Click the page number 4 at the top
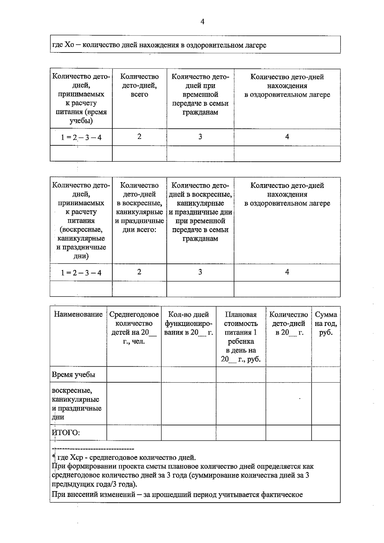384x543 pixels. pos(202,22)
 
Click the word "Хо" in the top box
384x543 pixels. pos(69,45)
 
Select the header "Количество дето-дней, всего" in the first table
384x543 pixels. pos(140,85)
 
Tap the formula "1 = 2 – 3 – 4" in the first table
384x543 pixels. pos(81,138)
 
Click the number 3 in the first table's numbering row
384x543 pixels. pos(200,137)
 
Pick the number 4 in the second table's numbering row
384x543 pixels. pos(287,272)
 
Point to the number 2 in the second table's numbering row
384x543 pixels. pos(139,272)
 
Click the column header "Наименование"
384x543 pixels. pos(78,314)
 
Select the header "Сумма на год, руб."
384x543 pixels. pos(326,323)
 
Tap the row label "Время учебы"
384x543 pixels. pos(74,375)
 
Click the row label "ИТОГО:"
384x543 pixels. pos(66,433)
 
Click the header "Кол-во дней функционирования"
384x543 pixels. pos(188,323)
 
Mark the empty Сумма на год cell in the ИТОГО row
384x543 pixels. pos(326,433)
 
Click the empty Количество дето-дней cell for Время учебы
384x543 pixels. pos(288,375)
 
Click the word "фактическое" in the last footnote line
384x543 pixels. pos(282,495)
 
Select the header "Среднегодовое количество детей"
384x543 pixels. pos(134,328)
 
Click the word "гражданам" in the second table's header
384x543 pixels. pos(200,239)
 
